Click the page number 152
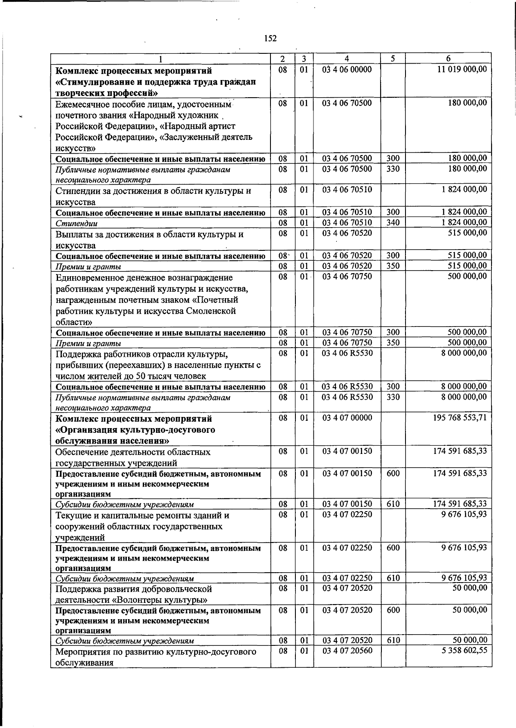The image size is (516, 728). (270, 39)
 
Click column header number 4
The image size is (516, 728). (347, 59)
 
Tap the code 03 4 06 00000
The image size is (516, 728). (347, 70)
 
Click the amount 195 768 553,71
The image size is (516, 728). (460, 417)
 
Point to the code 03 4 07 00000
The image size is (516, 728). (347, 417)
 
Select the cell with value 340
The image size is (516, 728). (393, 222)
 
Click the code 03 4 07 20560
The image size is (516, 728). (347, 650)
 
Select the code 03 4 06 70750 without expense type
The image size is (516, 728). (347, 276)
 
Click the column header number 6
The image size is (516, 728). (448, 59)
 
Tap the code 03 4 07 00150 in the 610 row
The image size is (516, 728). (347, 504)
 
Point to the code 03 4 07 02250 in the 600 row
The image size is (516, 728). (347, 548)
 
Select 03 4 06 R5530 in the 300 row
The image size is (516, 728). (347, 387)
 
